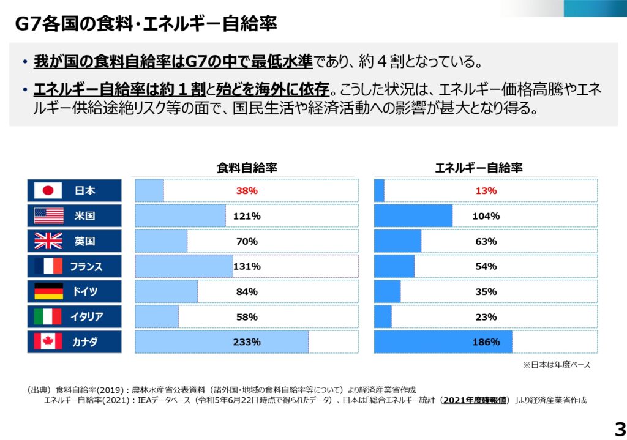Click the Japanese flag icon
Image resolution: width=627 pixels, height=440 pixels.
(48, 190)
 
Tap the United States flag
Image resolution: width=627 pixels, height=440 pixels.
(48, 216)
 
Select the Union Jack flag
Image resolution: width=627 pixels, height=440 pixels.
(48, 241)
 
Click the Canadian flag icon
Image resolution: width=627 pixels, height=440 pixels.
(48, 342)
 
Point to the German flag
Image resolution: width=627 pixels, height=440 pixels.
(48, 291)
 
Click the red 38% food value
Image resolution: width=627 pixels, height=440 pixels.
(247, 190)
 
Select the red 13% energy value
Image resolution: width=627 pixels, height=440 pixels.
(486, 190)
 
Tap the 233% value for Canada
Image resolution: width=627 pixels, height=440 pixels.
(247, 342)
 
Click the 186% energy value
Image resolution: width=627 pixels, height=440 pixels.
(486, 342)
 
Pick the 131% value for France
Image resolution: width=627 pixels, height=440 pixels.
(247, 266)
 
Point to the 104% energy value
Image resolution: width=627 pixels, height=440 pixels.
(486, 216)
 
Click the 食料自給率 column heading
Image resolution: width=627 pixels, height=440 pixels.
(247, 168)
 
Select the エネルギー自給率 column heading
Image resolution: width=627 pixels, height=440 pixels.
(486, 168)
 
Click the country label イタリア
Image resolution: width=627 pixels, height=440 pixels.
(86, 317)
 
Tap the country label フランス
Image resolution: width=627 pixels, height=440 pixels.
(86, 266)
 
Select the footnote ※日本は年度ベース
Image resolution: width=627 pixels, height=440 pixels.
(556, 365)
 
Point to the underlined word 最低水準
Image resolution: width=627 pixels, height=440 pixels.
(282, 62)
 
